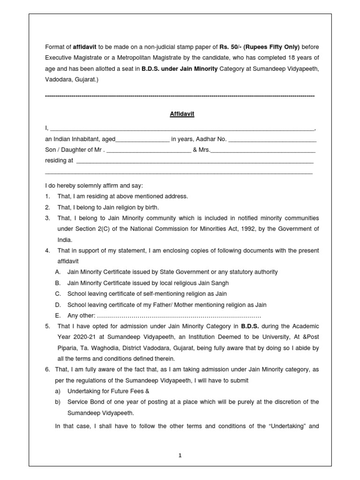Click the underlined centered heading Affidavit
pos(182,114)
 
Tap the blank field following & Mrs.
pos(263,150)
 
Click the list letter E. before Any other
pos(58,315)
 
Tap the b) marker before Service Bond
pos(58,402)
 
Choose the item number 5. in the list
pos(48,326)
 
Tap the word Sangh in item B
pos(220,283)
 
